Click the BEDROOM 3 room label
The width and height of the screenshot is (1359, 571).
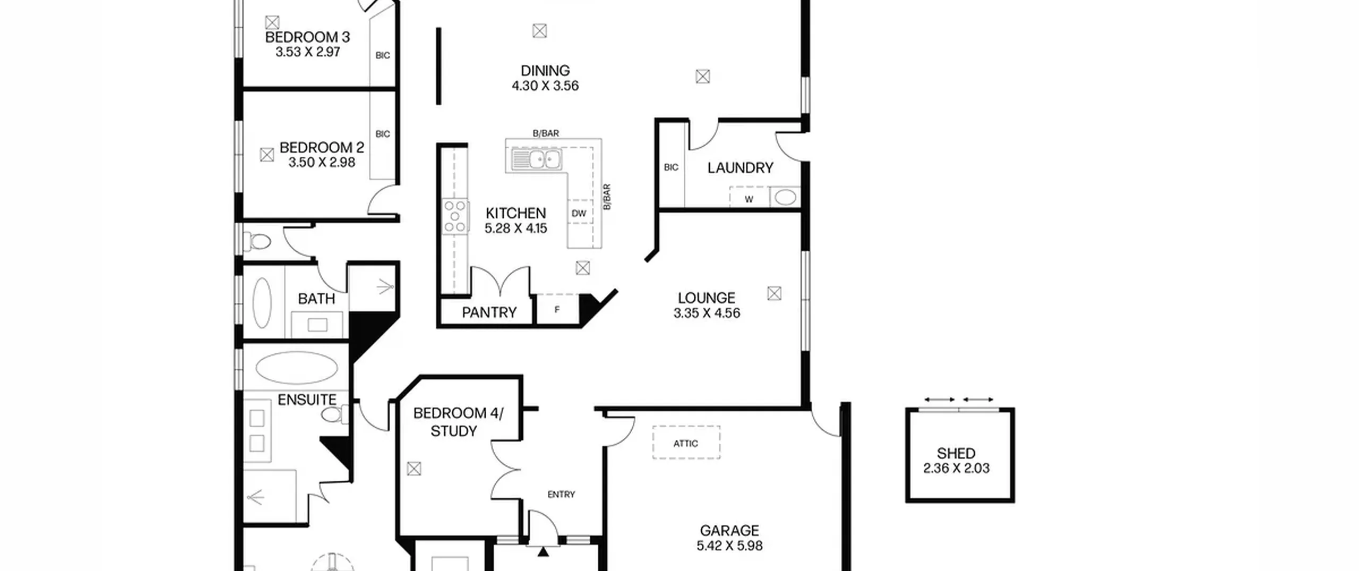[x=307, y=37]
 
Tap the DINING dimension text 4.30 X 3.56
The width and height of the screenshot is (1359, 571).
[x=545, y=86]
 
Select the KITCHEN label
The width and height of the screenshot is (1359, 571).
[x=515, y=214]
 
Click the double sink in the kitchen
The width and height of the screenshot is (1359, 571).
[x=536, y=159]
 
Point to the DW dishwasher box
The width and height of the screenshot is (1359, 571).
[x=579, y=213]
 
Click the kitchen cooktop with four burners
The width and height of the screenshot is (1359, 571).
[x=455, y=217]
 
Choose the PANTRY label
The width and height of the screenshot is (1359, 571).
[x=489, y=313]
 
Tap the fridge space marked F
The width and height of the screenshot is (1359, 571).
[x=557, y=309]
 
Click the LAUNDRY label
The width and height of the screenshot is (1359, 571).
[x=740, y=168]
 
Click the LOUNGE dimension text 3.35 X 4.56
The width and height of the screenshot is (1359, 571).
[x=707, y=313]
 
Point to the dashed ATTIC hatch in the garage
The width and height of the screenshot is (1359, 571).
[x=686, y=442]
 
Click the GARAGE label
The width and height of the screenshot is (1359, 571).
[x=729, y=531]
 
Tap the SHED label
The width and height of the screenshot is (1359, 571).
[x=956, y=454]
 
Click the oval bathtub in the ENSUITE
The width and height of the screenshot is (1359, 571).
[x=297, y=368]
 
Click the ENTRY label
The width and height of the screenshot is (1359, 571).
[x=561, y=495]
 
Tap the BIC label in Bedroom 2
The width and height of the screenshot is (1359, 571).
[x=383, y=134]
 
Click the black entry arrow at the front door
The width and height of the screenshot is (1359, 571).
[x=543, y=552]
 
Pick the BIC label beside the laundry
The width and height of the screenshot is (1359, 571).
[x=671, y=168]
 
